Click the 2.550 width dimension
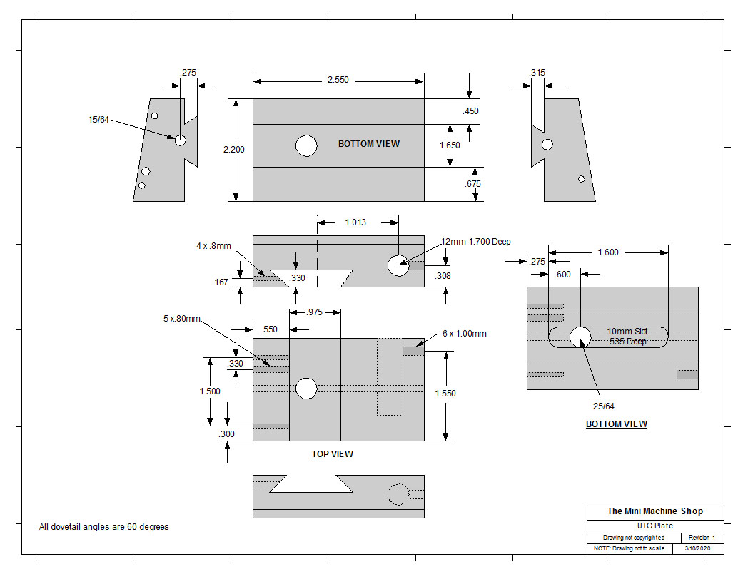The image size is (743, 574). pos(338,80)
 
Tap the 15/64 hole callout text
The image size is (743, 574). pos(98,120)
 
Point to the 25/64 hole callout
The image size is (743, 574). pos(603,406)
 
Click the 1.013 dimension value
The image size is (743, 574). pos(355,222)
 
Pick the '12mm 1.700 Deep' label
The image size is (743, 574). pos(475,242)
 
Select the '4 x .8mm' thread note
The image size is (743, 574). pos(214,246)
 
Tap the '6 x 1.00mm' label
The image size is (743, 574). pos(465,333)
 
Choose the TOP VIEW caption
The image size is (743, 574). pos(333,454)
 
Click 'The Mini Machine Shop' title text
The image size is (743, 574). pos(654,511)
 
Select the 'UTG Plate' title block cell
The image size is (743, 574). pos(654,526)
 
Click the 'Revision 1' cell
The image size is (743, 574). pos(702,538)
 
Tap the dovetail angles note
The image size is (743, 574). pos(103,527)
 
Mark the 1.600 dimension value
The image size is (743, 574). pos(607,252)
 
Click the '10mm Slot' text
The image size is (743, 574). pos(627,332)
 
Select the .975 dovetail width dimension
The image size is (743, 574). pos(315,312)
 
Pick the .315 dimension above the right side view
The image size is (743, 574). pos(537,73)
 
